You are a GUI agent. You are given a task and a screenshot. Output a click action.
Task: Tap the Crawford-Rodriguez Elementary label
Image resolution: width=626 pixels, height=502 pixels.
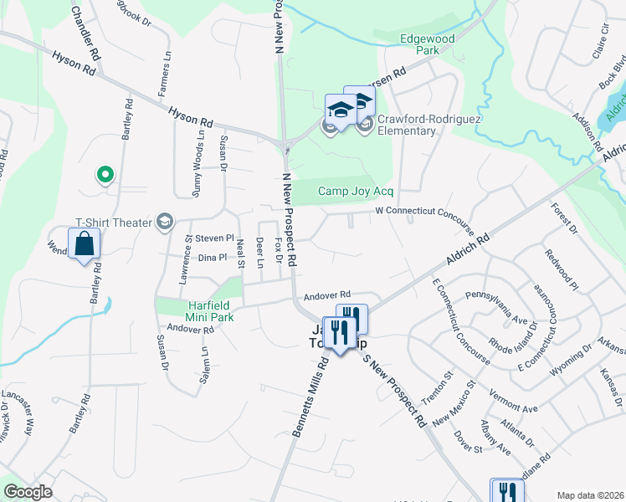(407, 125)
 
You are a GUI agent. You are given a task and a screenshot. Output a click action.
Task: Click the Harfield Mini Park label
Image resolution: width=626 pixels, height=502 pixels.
(197, 311)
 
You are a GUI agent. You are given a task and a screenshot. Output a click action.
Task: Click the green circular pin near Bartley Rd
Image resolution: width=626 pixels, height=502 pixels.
(105, 175)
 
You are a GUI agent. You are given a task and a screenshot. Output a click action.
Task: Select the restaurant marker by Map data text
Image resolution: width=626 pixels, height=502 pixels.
(507, 493)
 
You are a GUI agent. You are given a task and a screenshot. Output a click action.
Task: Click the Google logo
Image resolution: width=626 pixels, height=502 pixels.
(28, 492)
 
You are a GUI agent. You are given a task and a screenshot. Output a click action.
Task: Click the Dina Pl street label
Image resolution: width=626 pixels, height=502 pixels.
(212, 258)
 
